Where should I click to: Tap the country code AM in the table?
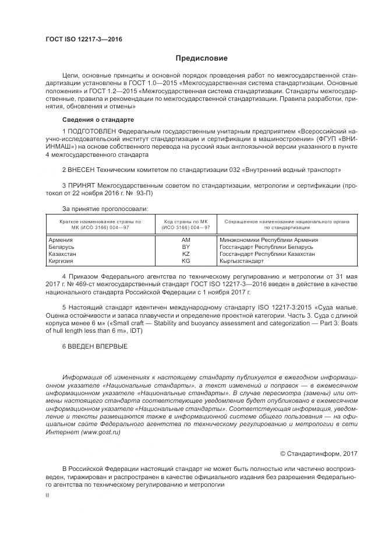pos(186,240)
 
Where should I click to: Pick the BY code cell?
pos(186,247)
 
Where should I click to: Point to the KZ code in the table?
pos(186,255)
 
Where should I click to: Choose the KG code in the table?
pos(186,262)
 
